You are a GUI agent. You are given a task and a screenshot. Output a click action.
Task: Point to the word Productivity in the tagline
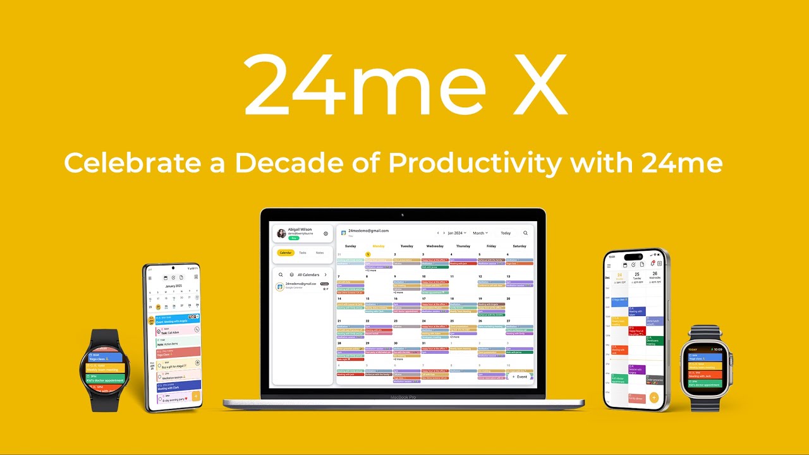pyautogui.click(x=474, y=163)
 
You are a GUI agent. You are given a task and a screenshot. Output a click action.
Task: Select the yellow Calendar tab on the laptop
pyautogui.click(x=286, y=253)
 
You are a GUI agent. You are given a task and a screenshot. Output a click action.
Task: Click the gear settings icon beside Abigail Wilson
pyautogui.click(x=326, y=233)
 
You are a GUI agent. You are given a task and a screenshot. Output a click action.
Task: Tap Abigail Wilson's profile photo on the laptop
pyautogui.click(x=281, y=233)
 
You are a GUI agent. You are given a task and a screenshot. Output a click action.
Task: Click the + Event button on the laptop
pyautogui.click(x=520, y=377)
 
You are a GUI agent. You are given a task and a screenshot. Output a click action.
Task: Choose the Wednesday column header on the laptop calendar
pyautogui.click(x=435, y=246)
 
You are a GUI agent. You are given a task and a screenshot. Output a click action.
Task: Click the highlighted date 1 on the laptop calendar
pyautogui.click(x=368, y=254)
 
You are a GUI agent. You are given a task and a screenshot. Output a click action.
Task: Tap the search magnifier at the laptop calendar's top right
pyautogui.click(x=525, y=233)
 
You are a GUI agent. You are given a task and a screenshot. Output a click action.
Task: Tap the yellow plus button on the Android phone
pyautogui.click(x=196, y=397)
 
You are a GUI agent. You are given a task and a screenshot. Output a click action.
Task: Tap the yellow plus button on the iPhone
pyautogui.click(x=654, y=398)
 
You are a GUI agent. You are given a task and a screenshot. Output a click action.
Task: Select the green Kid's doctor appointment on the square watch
pyautogui.click(x=704, y=384)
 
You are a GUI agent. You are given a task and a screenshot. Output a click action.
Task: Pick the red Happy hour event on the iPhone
pyautogui.click(x=636, y=331)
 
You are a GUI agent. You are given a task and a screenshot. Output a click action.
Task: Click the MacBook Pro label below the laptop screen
pyautogui.click(x=403, y=397)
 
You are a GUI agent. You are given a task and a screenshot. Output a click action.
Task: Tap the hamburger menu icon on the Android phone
pyautogui.click(x=150, y=277)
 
